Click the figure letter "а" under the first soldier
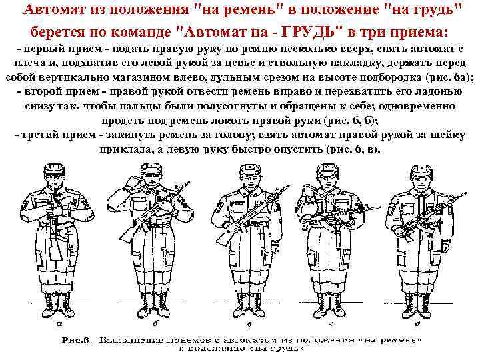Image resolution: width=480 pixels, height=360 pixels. [x=59, y=325]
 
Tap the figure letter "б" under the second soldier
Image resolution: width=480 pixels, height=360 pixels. [x=155, y=325]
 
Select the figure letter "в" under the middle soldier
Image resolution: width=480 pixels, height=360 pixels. [x=249, y=325]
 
